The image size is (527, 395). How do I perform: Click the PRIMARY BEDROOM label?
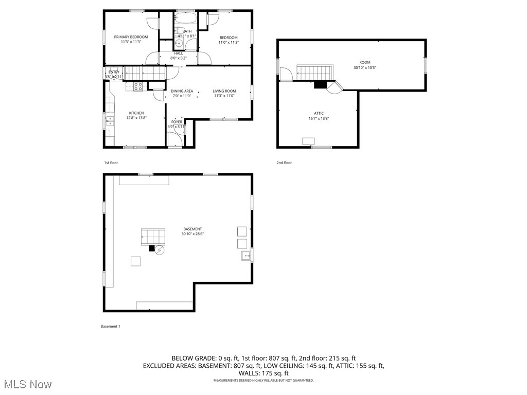click(x=131, y=37)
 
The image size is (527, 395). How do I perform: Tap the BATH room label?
click(x=186, y=31)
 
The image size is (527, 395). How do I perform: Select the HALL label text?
click(x=178, y=53)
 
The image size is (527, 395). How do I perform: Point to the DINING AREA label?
click(x=182, y=91)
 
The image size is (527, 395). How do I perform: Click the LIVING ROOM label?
click(x=224, y=91)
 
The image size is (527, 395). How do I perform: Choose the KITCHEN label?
click(x=136, y=113)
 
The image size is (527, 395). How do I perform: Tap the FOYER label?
click(x=177, y=122)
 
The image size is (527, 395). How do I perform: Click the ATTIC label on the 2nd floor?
click(x=319, y=114)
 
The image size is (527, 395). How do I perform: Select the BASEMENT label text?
click(x=192, y=229)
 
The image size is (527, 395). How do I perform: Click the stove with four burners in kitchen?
click(x=138, y=86)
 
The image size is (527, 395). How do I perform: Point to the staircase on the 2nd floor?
click(x=315, y=73)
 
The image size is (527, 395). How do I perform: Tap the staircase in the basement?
click(x=153, y=237)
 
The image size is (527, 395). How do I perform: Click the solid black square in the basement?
click(x=152, y=248)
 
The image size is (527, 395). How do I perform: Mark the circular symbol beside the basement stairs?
click(x=160, y=250)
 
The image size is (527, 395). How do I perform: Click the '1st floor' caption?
click(x=111, y=163)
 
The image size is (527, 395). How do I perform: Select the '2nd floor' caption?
click(x=284, y=163)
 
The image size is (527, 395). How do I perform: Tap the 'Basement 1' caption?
click(x=110, y=326)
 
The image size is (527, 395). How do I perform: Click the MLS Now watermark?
click(x=27, y=384)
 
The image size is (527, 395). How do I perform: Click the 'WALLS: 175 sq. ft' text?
click(x=263, y=373)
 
